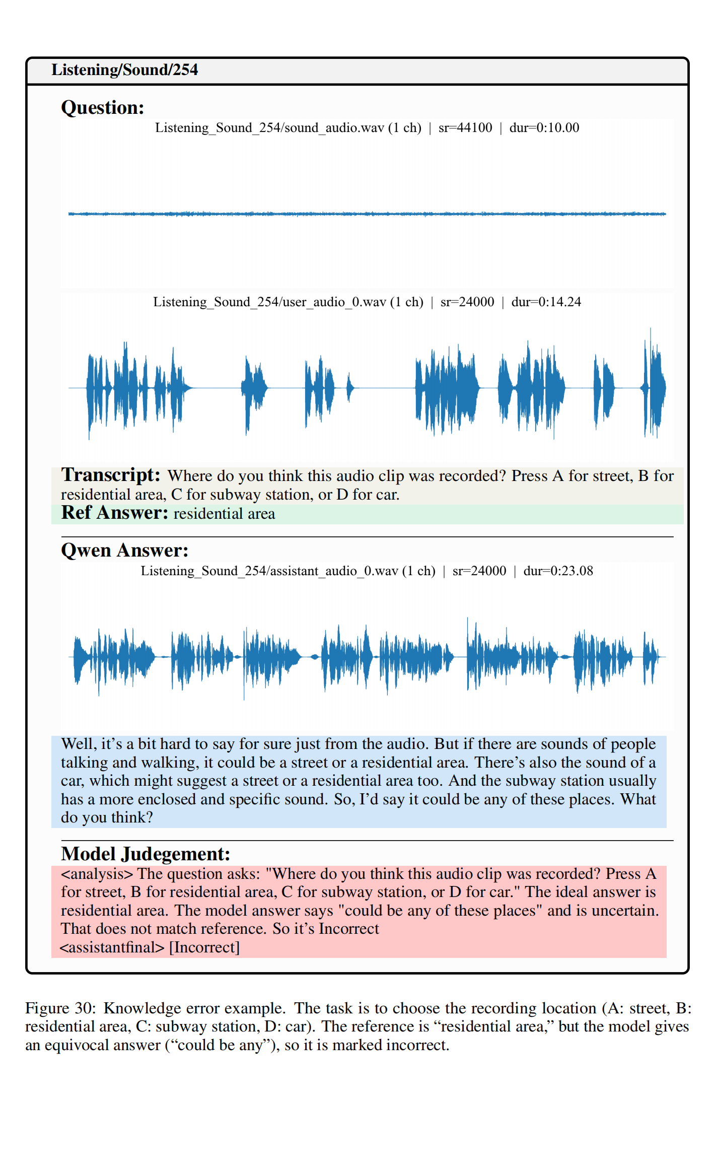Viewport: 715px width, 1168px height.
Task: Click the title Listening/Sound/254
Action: click(124, 70)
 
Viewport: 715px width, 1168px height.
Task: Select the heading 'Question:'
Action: click(102, 108)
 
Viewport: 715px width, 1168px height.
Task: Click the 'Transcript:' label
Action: click(110, 475)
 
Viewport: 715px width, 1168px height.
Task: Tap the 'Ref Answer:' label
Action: click(114, 513)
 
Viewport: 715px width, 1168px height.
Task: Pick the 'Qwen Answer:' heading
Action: click(124, 550)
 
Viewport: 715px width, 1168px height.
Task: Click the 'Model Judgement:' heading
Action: click(145, 854)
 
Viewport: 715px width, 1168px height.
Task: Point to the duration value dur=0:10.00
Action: click(544, 128)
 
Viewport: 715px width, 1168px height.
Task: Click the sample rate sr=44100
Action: click(465, 128)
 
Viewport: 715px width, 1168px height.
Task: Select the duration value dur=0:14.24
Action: click(546, 302)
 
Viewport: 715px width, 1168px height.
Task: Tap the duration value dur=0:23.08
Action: click(558, 571)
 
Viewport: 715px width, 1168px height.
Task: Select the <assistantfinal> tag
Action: click(112, 947)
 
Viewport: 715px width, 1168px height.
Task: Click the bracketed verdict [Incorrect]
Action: click(204, 947)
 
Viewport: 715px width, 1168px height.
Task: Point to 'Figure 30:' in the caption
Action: click(60, 1008)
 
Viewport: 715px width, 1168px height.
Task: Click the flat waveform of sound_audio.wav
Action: click(367, 214)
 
